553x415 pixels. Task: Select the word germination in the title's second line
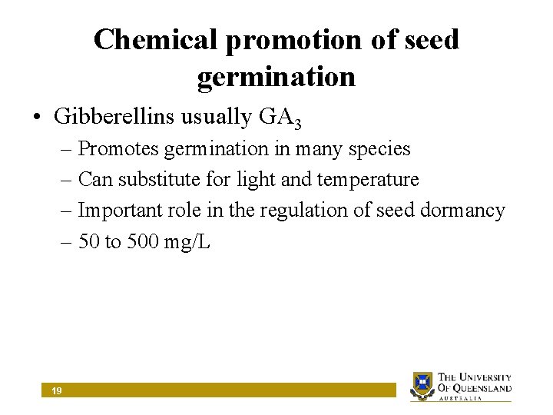click(x=276, y=77)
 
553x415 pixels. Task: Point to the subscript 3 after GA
click(x=297, y=122)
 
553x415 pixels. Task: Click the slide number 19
click(x=57, y=391)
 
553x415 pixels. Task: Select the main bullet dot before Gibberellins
click(x=38, y=118)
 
